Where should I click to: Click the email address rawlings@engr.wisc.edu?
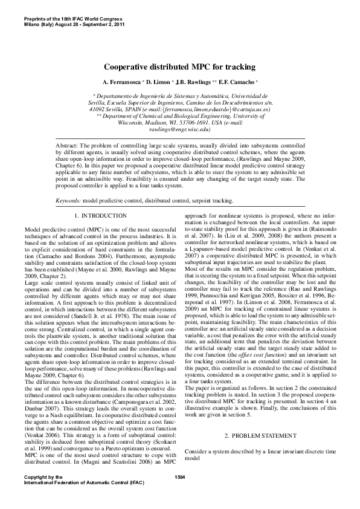tap(180, 129)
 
